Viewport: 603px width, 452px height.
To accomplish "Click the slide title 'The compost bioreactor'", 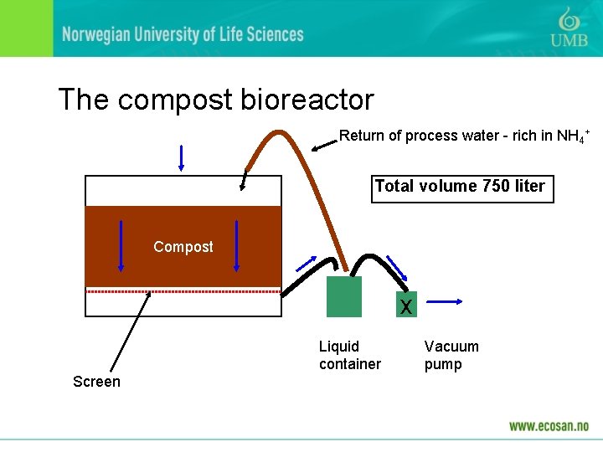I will pyautogui.click(x=216, y=100).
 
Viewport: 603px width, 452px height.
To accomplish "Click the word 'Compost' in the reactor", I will pyautogui.click(x=183, y=247).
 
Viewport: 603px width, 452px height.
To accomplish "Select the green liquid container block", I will pyautogui.click(x=344, y=297).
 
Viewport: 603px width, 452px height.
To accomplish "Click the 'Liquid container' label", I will pyautogui.click(x=349, y=355).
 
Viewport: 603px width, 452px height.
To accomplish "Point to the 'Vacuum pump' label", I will pyautogui.click(x=451, y=355).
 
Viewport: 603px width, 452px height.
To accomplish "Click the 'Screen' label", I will pyautogui.click(x=96, y=382).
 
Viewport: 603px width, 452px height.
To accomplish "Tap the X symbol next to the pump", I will pyautogui.click(x=406, y=306).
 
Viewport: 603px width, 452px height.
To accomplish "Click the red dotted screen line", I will pyautogui.click(x=183, y=291).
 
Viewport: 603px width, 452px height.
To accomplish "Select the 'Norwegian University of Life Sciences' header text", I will pyautogui.click(x=182, y=34).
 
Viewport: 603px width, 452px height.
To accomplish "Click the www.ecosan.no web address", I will pyautogui.click(x=548, y=425).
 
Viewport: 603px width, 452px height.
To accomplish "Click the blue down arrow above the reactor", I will pyautogui.click(x=181, y=158).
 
